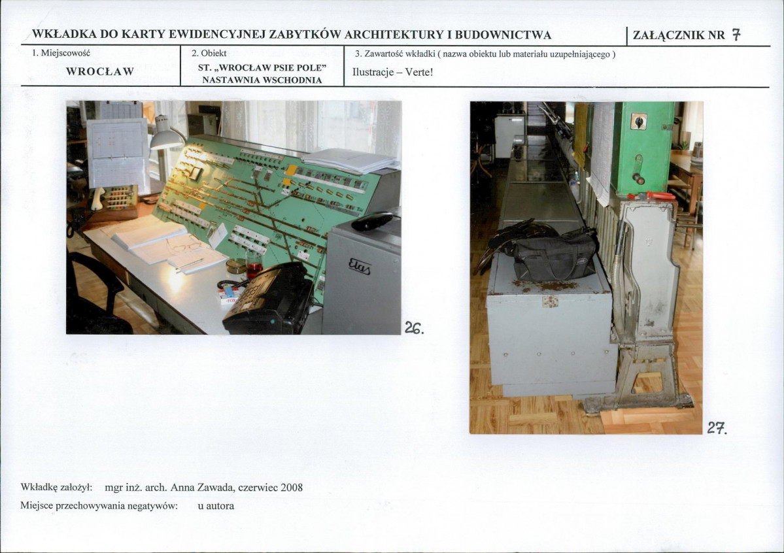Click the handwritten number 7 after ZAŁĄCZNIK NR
pyautogui.click(x=736, y=35)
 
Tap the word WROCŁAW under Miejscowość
pyautogui.click(x=100, y=71)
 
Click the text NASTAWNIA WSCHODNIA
pyautogui.click(x=262, y=80)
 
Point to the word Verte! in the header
pyautogui.click(x=419, y=71)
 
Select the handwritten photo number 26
pyautogui.click(x=414, y=328)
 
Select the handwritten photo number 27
pyautogui.click(x=717, y=428)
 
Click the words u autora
pyautogui.click(x=216, y=505)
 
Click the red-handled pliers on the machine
pyautogui.click(x=651, y=195)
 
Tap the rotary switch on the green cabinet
pyautogui.click(x=638, y=122)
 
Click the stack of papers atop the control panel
pyautogui.click(x=350, y=161)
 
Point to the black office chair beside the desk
pyautogui.click(x=97, y=295)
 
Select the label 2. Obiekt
pyautogui.click(x=209, y=54)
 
